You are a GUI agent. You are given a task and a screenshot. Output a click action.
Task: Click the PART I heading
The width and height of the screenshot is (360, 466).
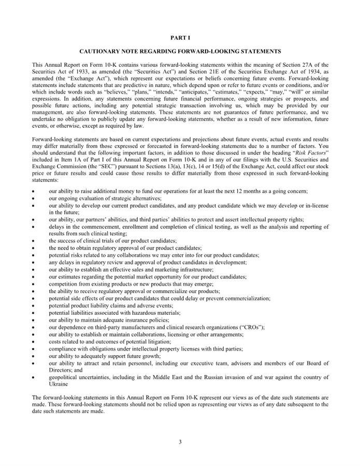[180, 38]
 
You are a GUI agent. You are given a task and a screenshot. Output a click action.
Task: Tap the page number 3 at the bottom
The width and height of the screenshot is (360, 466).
[180, 442]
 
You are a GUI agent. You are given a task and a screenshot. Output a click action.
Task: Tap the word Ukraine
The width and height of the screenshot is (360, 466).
[58, 384]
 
